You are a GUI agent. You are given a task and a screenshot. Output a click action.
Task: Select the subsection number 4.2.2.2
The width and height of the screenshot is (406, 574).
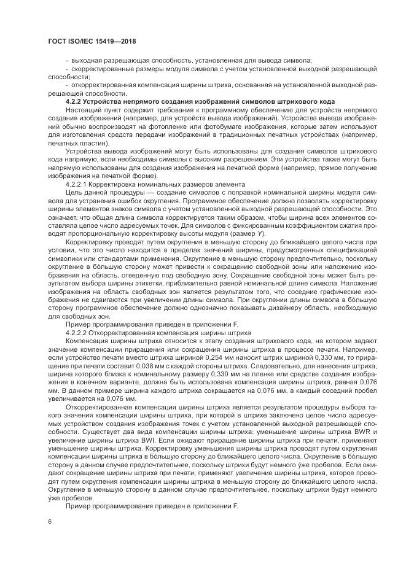point(79,332)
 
